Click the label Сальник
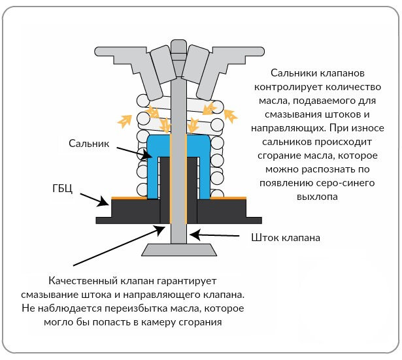(x=89, y=143)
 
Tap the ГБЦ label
(x=62, y=189)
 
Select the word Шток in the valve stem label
(x=265, y=238)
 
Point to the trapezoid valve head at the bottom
(x=179, y=250)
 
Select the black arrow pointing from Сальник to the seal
(x=135, y=154)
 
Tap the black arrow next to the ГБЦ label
(x=95, y=200)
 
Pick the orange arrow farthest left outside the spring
(x=125, y=121)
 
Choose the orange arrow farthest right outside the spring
(x=231, y=116)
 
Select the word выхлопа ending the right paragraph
(x=317, y=197)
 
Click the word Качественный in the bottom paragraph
(x=83, y=281)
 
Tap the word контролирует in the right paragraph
(x=289, y=87)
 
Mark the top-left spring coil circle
(x=143, y=101)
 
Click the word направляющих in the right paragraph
(x=289, y=128)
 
